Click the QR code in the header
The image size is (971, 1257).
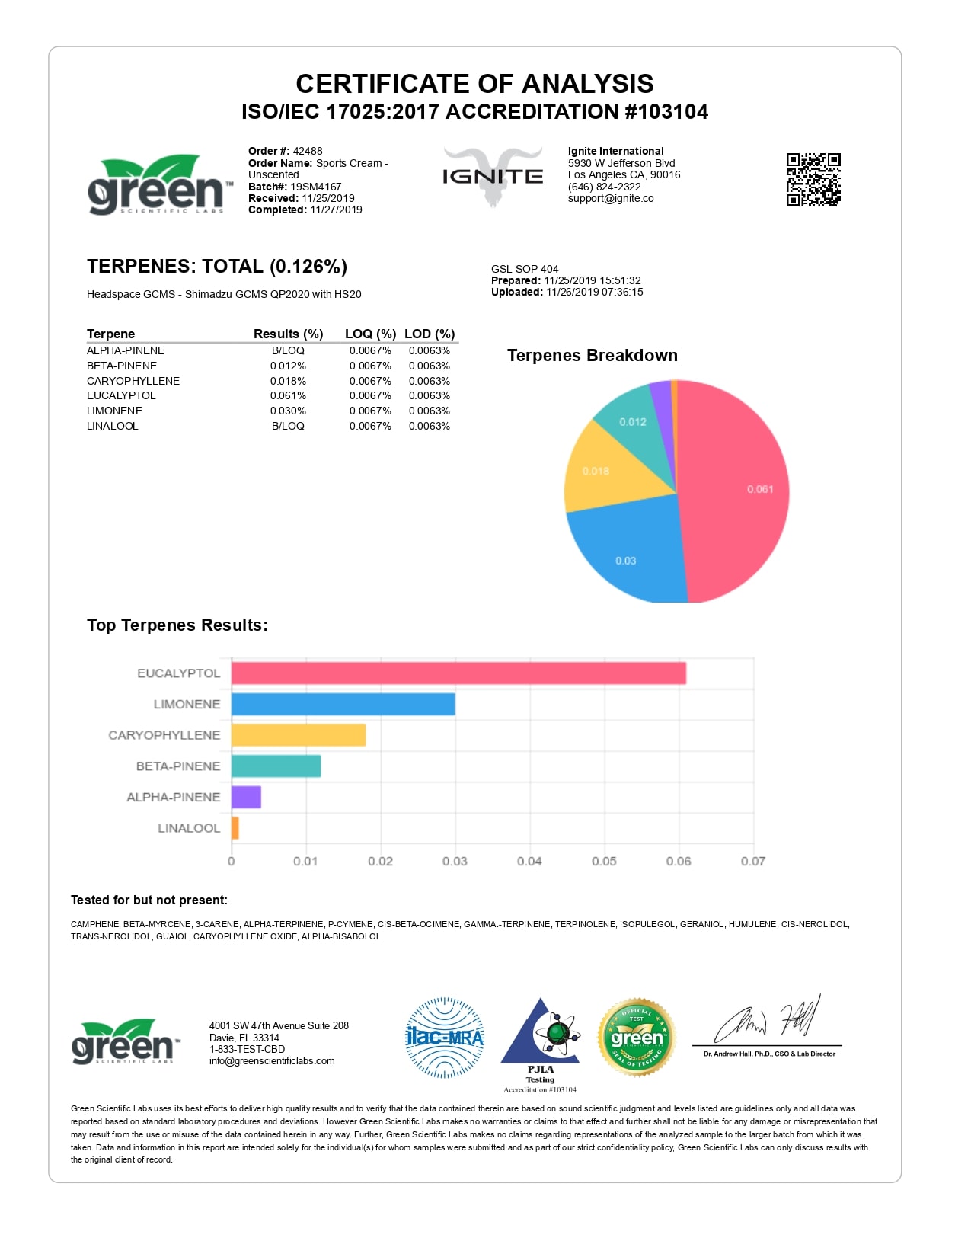coord(813,180)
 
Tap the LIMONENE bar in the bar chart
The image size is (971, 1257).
coord(343,704)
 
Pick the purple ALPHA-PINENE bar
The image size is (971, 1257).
coord(246,797)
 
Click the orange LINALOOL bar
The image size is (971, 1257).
coord(235,828)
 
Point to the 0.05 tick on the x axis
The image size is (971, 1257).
coord(604,861)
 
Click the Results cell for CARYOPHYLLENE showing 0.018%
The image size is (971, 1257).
coord(288,381)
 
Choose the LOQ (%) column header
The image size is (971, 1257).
coord(370,334)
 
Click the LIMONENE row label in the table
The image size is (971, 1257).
coord(114,411)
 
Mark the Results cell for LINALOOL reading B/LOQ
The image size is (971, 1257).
coord(288,426)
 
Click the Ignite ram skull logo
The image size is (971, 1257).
coord(493,177)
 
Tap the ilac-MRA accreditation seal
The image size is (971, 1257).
coord(445,1038)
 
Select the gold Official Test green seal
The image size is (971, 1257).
coord(637,1038)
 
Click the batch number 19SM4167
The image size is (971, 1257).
coord(315,187)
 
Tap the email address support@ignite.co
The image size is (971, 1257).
coord(611,198)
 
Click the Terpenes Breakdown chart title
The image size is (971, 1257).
coord(592,356)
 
